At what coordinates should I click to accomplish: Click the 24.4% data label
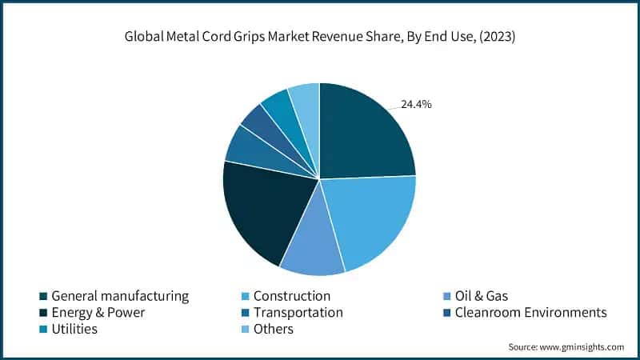[x=416, y=104]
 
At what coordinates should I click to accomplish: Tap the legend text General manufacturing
[x=120, y=296]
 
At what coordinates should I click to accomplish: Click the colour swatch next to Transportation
[x=245, y=313]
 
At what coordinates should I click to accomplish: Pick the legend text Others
[x=274, y=330]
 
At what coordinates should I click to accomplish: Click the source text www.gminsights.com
[x=582, y=347]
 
